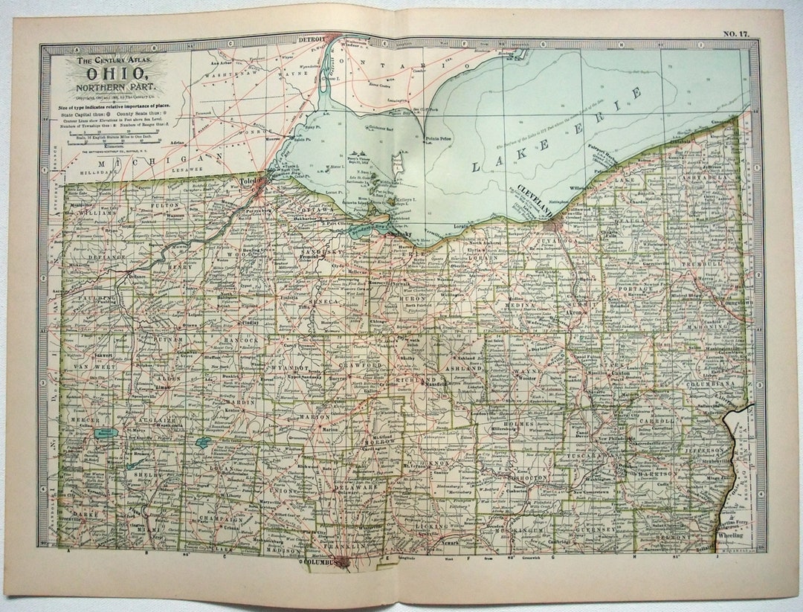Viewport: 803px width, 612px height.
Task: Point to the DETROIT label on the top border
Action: point(312,39)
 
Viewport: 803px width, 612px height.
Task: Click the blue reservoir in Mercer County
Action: point(102,431)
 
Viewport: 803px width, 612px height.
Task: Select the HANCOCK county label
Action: point(239,341)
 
